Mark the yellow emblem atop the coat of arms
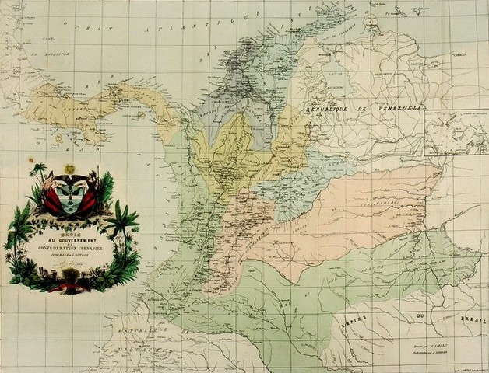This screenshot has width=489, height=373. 69,169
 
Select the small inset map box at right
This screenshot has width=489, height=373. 456,133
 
